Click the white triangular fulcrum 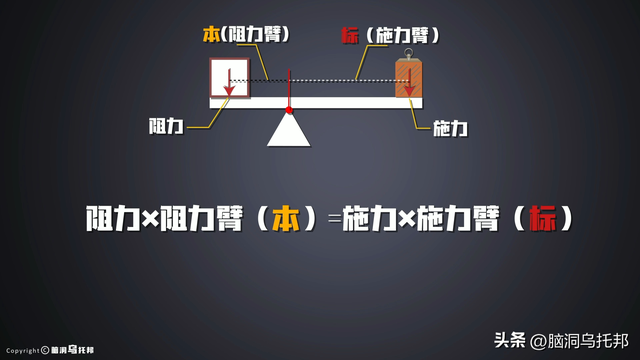(x=288, y=131)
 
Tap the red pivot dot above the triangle (x=289, y=109)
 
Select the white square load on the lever (x=229, y=79)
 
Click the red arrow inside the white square (x=229, y=82)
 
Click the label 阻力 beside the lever (x=164, y=127)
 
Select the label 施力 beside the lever (x=451, y=129)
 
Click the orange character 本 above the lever (x=210, y=35)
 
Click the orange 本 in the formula (x=286, y=218)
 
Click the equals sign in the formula (x=333, y=219)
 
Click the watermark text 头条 (x=510, y=340)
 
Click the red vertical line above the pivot (x=289, y=88)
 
